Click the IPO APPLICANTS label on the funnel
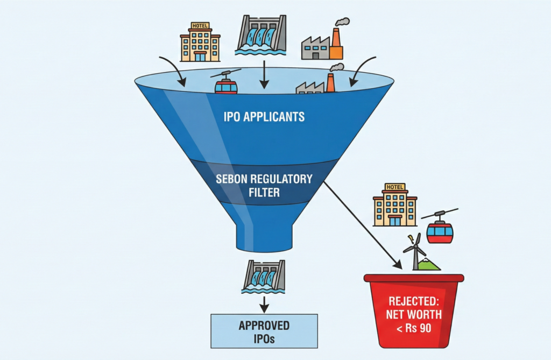point(264,117)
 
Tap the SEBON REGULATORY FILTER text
point(264,185)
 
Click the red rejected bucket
point(413,309)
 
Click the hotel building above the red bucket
point(395,205)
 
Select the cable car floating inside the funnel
point(226,83)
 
